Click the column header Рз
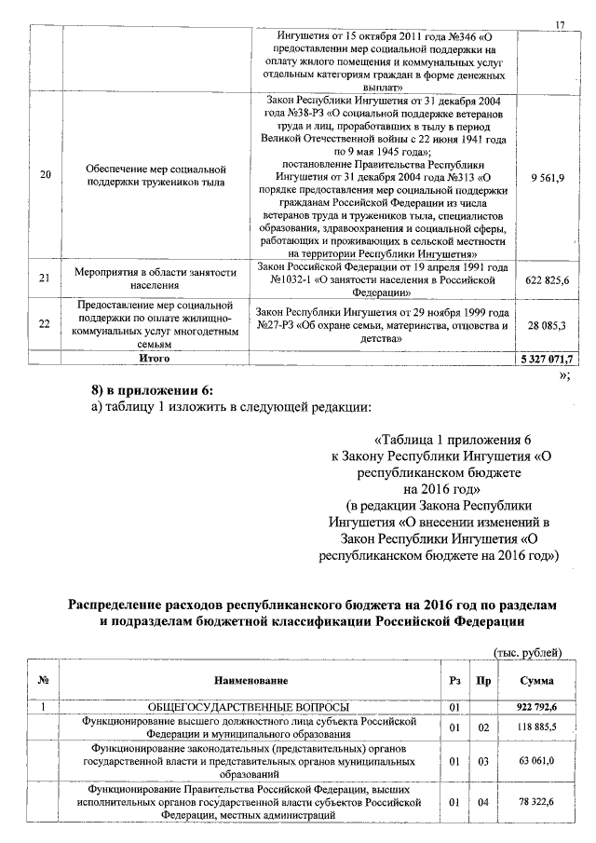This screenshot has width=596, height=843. click(x=454, y=681)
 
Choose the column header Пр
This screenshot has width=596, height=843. click(x=483, y=681)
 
